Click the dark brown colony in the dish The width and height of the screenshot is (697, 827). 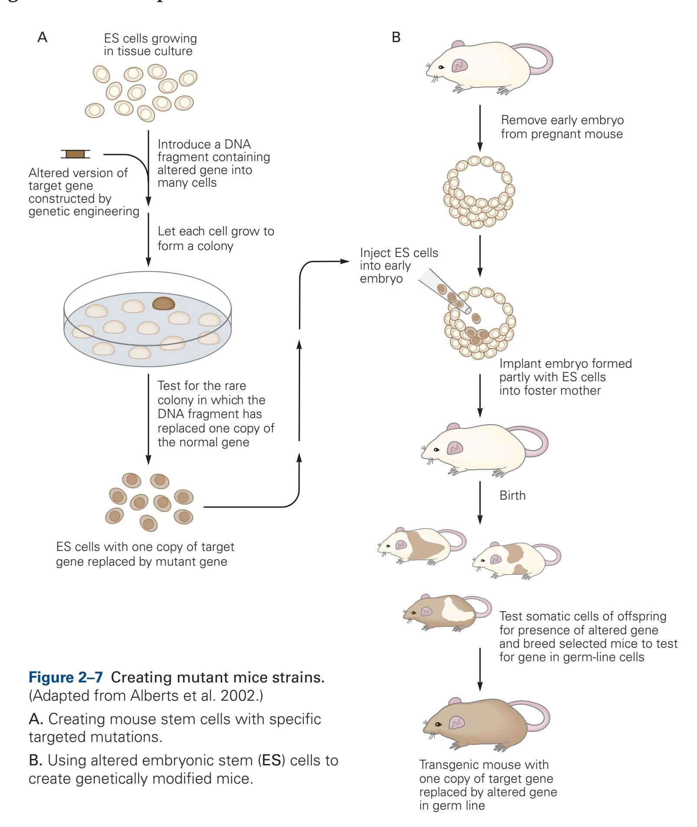pos(164,303)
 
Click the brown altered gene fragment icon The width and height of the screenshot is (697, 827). pos(75,154)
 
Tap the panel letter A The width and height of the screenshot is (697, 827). pos(42,37)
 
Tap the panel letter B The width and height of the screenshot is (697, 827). pos(396,37)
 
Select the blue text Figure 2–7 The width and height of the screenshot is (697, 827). pos(65,677)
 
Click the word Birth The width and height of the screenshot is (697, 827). pos(512,495)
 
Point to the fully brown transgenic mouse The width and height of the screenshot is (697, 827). pos(477,724)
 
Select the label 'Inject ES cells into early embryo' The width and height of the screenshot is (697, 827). pos(399,265)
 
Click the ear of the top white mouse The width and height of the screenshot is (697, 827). pos(460,66)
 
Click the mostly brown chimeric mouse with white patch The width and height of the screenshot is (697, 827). pos(442,613)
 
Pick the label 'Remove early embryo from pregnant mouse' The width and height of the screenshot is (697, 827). pos(562,127)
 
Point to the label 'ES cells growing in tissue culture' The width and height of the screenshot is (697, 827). pos(150,45)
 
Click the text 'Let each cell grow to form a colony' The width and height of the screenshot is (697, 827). pos(216,238)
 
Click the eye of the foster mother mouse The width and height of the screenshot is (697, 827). pos(436,449)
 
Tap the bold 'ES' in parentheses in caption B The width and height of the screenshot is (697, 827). pos(272,760)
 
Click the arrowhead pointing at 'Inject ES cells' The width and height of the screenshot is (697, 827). pos(346,261)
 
